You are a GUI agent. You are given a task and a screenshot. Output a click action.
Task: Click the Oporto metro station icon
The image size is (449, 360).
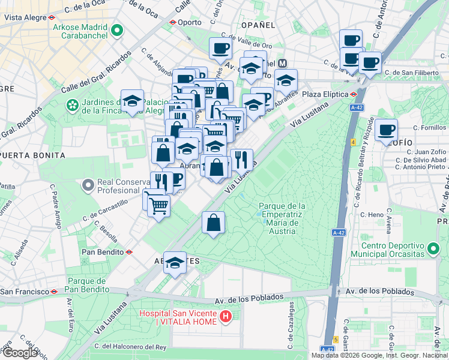click(x=173, y=23)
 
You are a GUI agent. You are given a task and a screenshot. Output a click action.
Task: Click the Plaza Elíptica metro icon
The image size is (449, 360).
click(x=355, y=94)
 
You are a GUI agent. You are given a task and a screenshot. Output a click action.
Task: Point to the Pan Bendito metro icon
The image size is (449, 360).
click(x=129, y=253)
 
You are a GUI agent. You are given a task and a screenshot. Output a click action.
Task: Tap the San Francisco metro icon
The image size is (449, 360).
click(x=54, y=292)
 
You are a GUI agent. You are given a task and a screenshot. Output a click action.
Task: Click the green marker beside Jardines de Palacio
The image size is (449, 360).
click(x=73, y=106)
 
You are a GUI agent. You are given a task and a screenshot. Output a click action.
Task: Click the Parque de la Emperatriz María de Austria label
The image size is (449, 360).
click(x=282, y=218)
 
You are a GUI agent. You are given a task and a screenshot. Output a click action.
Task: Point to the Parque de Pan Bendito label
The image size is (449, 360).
click(x=87, y=285)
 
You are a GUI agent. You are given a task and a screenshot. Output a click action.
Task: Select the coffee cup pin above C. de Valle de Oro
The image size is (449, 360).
click(x=220, y=48)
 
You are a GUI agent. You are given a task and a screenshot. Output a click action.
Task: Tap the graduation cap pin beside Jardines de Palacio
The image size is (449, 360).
click(x=132, y=101)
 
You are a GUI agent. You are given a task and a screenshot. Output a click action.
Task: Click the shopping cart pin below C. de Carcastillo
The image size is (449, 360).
click(x=158, y=206)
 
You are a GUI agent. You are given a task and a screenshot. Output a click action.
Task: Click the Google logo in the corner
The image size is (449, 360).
click(x=20, y=353)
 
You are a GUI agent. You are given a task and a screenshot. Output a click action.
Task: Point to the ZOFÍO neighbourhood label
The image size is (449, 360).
click(x=402, y=142)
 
